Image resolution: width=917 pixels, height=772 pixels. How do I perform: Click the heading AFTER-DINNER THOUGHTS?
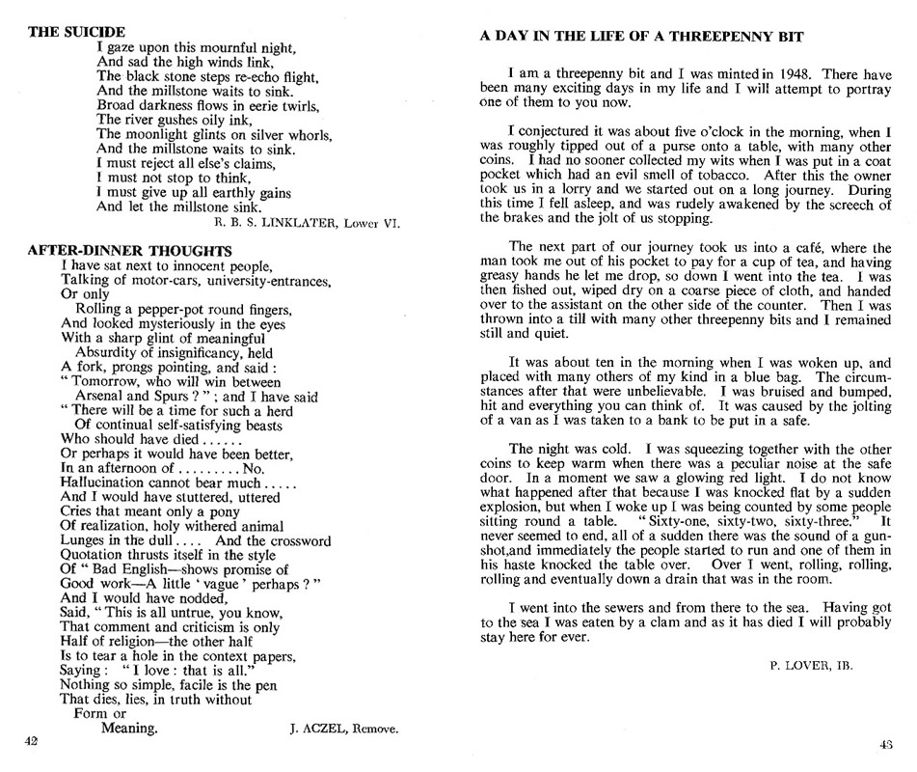coord(129,251)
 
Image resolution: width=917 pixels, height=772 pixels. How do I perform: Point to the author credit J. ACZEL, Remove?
coord(344,731)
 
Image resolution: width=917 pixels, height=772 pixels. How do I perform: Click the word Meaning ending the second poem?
coord(128,729)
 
